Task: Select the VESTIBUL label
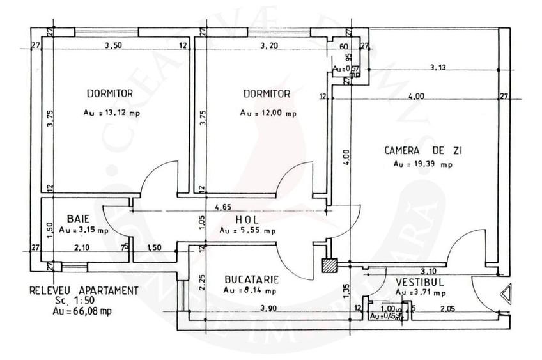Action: click(x=419, y=281)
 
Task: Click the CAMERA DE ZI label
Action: click(x=424, y=151)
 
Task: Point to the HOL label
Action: click(x=246, y=219)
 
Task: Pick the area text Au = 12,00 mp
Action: click(x=268, y=113)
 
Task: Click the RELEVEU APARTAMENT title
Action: click(x=84, y=290)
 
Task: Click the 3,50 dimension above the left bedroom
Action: click(x=112, y=45)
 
